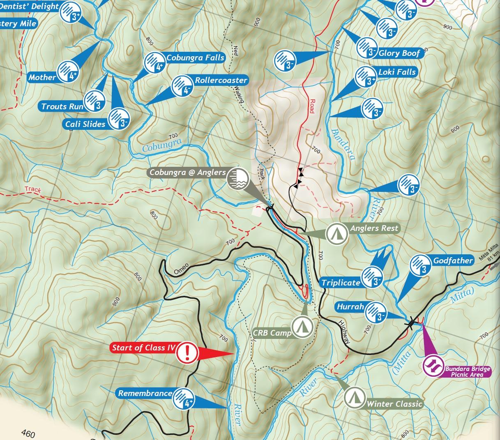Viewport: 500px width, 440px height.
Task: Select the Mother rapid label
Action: coord(42,77)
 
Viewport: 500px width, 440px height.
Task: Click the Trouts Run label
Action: coord(62,106)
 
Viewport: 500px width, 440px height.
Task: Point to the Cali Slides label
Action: coord(85,124)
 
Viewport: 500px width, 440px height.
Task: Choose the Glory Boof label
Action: coord(399,53)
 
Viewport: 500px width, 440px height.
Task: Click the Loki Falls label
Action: coord(396,72)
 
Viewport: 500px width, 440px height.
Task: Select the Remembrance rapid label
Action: coord(145,394)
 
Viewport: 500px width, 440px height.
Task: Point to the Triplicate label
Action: coord(341,283)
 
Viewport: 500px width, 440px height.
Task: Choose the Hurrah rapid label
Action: coord(350,307)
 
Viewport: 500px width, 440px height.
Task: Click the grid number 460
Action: coord(28,433)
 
